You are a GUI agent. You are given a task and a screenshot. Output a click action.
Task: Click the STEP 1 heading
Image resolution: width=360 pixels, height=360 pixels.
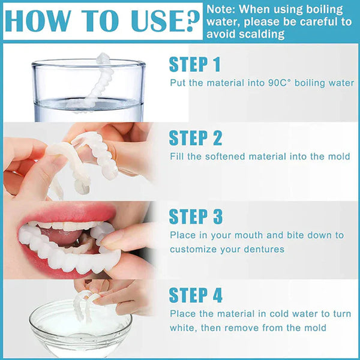(195, 64)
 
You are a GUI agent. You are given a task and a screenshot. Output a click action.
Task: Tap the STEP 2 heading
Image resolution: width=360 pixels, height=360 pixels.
(196, 138)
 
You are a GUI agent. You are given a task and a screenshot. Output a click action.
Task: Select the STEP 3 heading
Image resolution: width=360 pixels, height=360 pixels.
(196, 217)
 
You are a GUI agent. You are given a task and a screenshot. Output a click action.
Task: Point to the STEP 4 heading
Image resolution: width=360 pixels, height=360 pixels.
(196, 295)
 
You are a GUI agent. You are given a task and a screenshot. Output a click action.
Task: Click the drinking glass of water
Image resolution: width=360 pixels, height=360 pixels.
(88, 90)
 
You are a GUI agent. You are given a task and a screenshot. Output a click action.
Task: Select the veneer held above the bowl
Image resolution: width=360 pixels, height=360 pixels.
(84, 303)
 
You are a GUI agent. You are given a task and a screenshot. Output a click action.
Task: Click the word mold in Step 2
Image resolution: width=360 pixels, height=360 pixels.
(339, 157)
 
